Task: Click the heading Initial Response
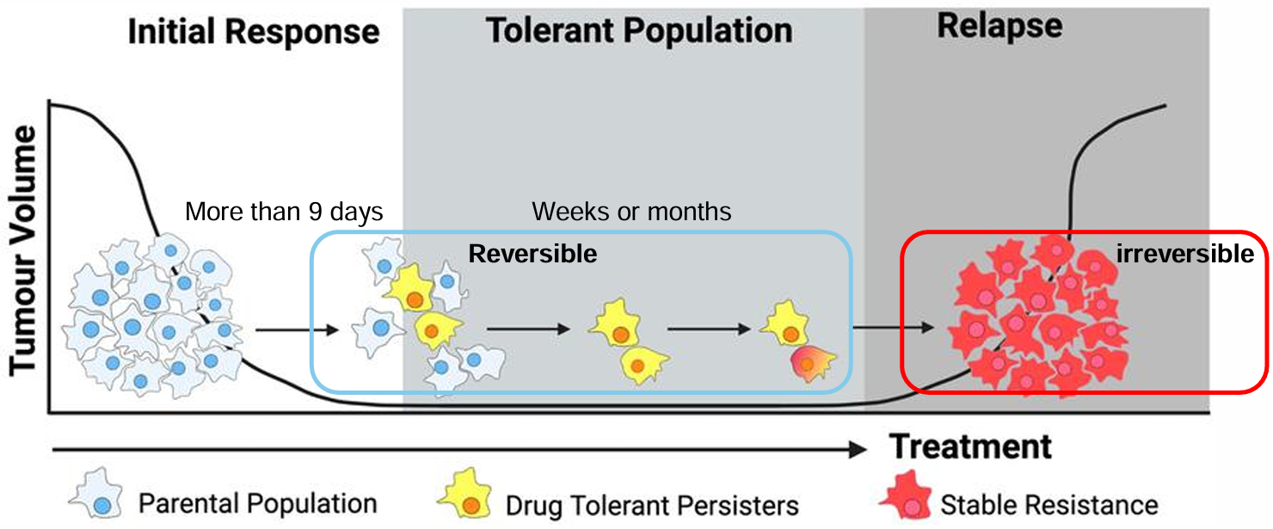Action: tap(254, 33)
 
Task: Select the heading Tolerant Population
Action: tap(639, 31)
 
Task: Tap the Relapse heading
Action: tap(999, 26)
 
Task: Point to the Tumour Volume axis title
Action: tap(24, 250)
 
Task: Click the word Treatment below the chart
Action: tap(970, 446)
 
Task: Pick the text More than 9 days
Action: tap(284, 212)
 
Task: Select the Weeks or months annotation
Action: tap(631, 212)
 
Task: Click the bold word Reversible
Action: tap(532, 255)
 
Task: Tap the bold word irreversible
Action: tap(1184, 255)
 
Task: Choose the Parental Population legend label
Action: tap(257, 503)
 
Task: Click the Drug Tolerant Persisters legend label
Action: tap(652, 505)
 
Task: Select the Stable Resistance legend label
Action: tap(1049, 504)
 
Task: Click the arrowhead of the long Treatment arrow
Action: tap(856, 450)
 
